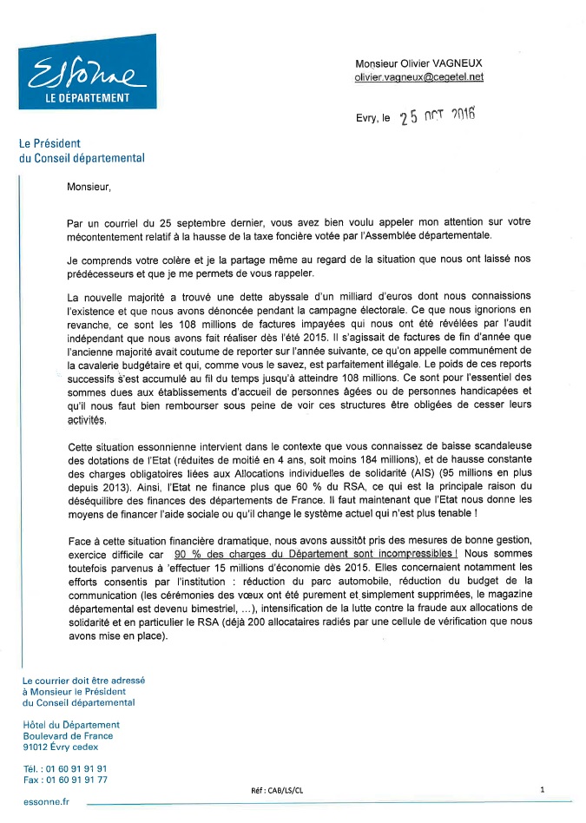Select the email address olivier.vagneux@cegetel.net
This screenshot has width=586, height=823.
point(418,76)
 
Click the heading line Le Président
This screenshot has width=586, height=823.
point(50,143)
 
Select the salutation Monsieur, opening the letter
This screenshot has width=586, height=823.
point(89,185)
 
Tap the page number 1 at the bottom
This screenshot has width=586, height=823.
point(542,789)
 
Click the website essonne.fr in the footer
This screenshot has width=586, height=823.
point(46,802)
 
